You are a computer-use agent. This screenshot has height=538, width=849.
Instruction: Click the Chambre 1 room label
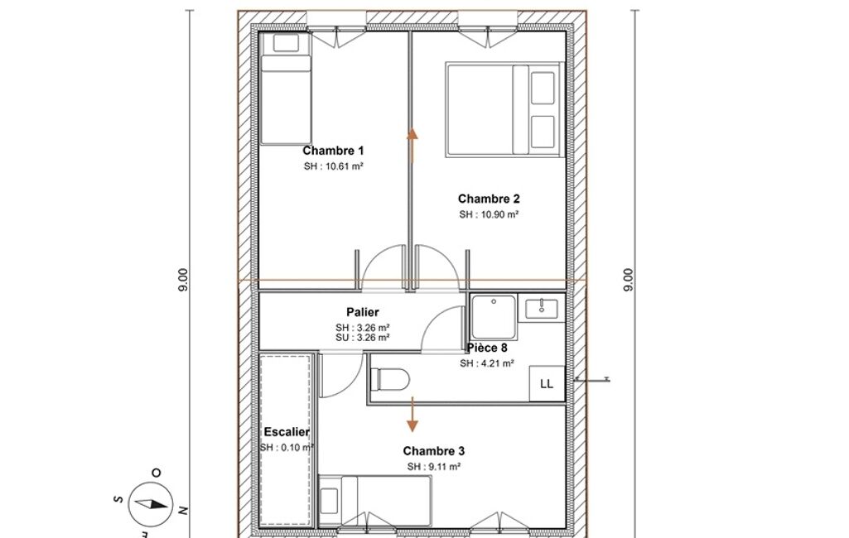[x=333, y=151]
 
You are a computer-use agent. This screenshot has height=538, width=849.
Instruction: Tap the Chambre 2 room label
[x=489, y=199]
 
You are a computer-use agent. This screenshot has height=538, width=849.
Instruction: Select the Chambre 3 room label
[x=434, y=451]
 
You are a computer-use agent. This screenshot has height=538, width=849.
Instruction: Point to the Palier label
[x=362, y=312]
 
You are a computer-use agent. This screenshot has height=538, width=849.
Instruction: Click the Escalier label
[x=287, y=432]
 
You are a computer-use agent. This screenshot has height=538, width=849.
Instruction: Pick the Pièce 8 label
[x=487, y=348]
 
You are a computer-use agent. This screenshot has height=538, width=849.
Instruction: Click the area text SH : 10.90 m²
[x=489, y=214]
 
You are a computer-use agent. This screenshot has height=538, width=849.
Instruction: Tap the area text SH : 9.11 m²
[x=434, y=467]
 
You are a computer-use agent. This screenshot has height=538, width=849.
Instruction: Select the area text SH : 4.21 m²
[x=487, y=363]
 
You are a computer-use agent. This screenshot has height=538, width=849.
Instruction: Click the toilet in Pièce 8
[x=389, y=379]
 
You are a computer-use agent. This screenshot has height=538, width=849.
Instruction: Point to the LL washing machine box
[x=547, y=384]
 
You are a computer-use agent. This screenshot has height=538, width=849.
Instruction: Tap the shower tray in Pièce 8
[x=494, y=317]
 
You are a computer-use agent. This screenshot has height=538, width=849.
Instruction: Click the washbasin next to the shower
[x=542, y=307]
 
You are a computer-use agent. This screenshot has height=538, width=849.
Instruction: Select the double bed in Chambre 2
[x=504, y=110]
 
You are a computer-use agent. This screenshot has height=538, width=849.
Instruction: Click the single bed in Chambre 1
[x=286, y=89]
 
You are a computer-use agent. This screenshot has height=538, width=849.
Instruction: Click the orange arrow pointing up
[x=412, y=145]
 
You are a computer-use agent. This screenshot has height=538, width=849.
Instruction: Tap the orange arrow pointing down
[x=412, y=415]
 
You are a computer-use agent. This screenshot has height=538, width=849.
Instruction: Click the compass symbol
[x=151, y=504]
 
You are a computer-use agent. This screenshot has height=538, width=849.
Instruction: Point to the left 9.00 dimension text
[x=184, y=281]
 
